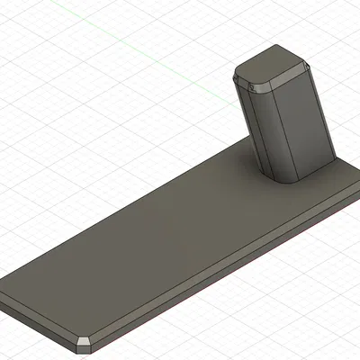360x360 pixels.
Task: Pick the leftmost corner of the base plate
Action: point(4,292)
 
